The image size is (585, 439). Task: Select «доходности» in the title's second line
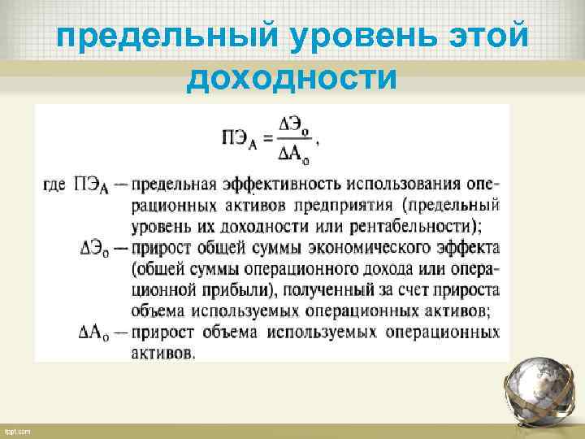[x=292, y=79]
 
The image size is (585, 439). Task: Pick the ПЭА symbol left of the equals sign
[x=237, y=139]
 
